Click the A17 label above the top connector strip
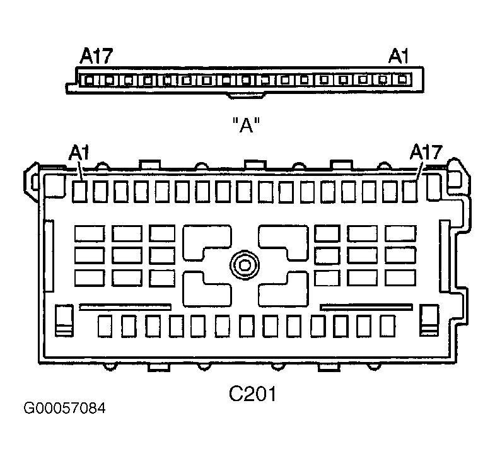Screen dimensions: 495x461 coord(96,56)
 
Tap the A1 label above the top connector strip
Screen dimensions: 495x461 coord(398,56)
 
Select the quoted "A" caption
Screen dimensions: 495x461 coord(246,125)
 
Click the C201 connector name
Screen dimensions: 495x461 coord(252,394)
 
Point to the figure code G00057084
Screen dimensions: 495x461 coord(64,408)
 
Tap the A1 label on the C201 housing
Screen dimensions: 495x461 coord(79,153)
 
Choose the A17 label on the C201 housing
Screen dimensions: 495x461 coord(426,152)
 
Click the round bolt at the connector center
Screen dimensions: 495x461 coord(244,265)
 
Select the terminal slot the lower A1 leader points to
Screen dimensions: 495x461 coord(79,191)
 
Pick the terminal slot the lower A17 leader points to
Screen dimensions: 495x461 coord(410,191)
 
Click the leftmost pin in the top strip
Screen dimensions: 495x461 coord(90,80)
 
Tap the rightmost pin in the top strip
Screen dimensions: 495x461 coord(402,79)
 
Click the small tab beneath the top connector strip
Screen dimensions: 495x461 coord(246,95)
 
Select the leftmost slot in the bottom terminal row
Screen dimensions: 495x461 coord(105,326)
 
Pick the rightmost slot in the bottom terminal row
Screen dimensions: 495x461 coord(388,326)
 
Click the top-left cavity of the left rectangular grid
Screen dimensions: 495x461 coord(90,234)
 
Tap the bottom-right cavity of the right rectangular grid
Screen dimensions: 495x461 coord(400,278)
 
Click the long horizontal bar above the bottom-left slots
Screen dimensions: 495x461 coord(125,307)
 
